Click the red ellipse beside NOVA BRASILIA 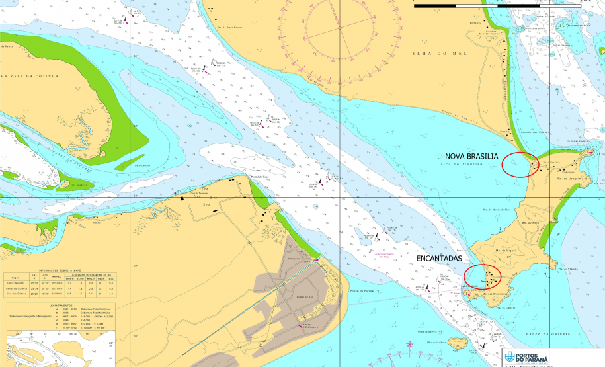click(x=520, y=164)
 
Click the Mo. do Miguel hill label click(x=505, y=252)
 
